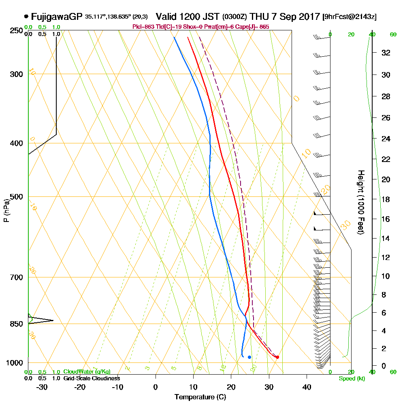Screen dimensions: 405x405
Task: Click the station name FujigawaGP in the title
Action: click(57, 17)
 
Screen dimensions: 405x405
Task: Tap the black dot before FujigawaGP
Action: click(26, 17)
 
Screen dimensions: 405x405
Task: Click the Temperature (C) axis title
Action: click(200, 397)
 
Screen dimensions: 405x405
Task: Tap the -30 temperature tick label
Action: click(42, 387)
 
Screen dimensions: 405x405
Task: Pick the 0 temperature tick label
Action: click(156, 387)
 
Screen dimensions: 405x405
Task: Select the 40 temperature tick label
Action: click(307, 387)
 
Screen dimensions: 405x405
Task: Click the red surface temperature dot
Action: click(277, 357)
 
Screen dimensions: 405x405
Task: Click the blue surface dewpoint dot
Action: click(249, 357)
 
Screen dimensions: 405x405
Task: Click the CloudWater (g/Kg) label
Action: click(87, 372)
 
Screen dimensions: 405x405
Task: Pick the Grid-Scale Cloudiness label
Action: click(91, 378)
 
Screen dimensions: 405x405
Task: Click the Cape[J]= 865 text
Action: click(254, 27)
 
